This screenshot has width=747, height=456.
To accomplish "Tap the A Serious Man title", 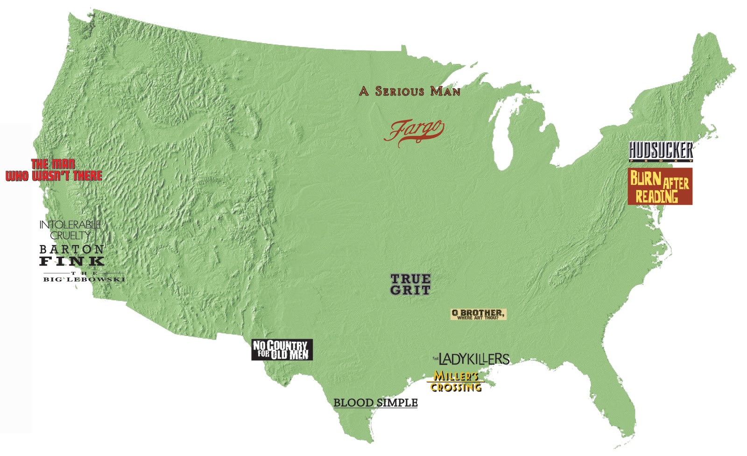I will pos(409,91).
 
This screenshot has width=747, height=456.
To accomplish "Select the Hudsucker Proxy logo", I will pos(661,152).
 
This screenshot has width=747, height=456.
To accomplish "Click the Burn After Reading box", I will pos(660,187).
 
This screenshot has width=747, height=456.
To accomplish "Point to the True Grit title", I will pos(410,284).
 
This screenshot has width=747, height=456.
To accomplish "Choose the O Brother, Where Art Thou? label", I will pos(478,314).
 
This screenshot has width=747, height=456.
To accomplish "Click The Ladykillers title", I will pos(472,359).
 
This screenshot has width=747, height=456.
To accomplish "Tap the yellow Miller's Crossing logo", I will pos(456,381).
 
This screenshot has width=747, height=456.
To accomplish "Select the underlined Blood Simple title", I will pos(375,403).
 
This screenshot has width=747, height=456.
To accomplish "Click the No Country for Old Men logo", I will pos(282,350).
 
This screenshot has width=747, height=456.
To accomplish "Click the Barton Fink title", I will pos(71,255).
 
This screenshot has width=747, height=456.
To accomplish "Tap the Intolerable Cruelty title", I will pos(70,230).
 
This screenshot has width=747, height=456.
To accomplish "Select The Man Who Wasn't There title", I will pos(54,170).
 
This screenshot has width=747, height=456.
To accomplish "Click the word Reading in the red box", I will pos(656,196).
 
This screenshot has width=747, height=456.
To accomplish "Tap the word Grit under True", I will pos(410,290).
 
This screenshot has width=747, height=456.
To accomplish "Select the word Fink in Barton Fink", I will pos(71,261).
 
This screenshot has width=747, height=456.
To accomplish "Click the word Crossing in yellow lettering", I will pos(456,387).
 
